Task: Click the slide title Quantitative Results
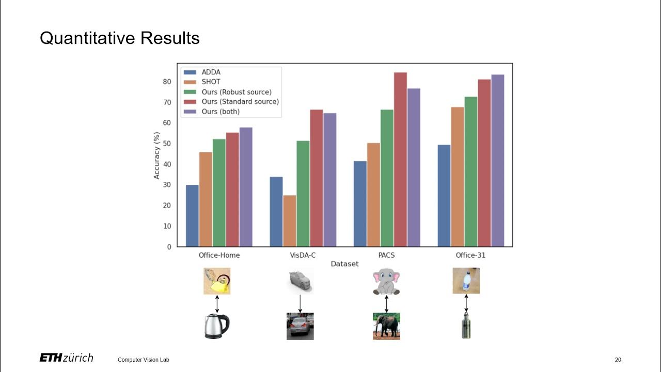coord(119,38)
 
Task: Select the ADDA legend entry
coord(211,72)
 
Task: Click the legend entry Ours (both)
coord(221,112)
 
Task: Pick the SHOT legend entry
coord(211,82)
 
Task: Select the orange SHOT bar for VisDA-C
coord(290,221)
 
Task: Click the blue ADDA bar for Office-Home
coord(192,215)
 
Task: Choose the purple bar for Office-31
coord(497,160)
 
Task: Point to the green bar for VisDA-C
coord(303,193)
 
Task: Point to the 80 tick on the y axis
coord(167,82)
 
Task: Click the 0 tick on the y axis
coord(169,247)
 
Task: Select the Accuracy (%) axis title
coord(156,156)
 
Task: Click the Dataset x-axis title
coord(344,264)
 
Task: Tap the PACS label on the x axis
coord(386,255)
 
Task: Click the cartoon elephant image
coord(386,281)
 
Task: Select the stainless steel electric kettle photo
coord(217,326)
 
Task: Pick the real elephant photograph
coord(386,326)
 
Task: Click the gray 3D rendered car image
coord(300,281)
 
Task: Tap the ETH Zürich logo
coord(66,358)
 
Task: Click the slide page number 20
coord(618,360)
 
